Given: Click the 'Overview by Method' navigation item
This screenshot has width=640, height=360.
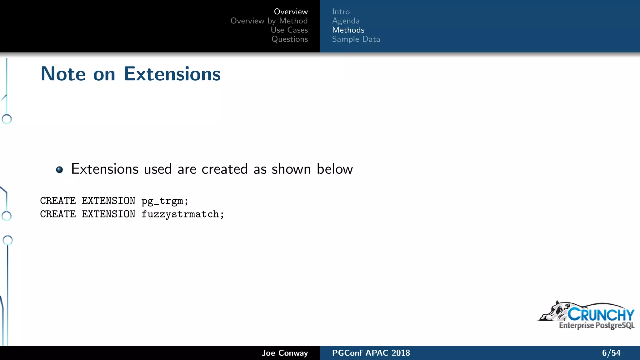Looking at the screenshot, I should (x=269, y=21).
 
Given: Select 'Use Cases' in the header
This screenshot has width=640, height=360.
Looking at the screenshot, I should (x=289, y=30).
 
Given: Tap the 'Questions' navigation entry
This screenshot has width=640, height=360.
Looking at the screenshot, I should (x=289, y=39).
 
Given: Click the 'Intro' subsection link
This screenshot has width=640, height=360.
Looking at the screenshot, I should (x=341, y=12).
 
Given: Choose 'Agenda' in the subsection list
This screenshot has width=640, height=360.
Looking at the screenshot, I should (x=346, y=21).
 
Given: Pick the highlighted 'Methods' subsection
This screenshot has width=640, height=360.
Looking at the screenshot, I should (x=348, y=30).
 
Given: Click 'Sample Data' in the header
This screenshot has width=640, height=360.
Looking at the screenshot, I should (x=356, y=39).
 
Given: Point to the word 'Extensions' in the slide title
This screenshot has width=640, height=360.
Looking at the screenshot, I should (x=172, y=74).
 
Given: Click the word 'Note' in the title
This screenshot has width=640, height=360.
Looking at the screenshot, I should (x=63, y=74).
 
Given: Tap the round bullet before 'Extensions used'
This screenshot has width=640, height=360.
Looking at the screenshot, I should (x=59, y=170).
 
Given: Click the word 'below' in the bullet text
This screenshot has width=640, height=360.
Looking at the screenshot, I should (x=335, y=169).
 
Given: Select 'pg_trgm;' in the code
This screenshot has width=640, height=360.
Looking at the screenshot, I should (x=165, y=201).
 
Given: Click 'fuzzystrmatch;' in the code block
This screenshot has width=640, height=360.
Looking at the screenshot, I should (x=183, y=214).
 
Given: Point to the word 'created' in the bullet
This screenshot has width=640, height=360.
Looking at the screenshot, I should (x=224, y=169).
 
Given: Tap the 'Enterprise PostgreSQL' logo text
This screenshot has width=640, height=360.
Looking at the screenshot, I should (x=596, y=325).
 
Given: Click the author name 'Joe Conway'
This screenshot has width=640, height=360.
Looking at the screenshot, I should (x=285, y=353).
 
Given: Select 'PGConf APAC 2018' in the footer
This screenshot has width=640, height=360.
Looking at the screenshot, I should (x=371, y=353).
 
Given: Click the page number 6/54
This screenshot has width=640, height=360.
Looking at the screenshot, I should (x=611, y=353).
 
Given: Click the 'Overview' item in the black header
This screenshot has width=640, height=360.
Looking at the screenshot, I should (x=291, y=12).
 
